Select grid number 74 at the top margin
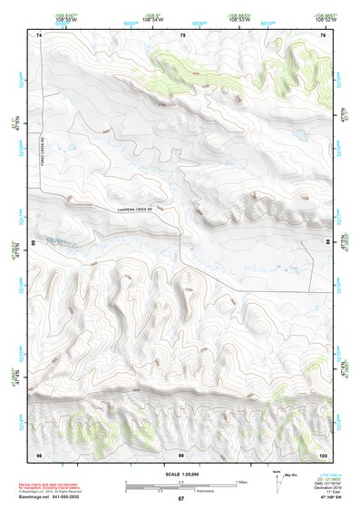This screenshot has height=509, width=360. click(39, 34)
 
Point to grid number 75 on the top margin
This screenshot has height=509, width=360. click(182, 34)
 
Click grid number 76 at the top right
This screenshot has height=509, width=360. click(322, 34)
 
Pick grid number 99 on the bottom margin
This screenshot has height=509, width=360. click(180, 453)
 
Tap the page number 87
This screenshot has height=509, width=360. click(180, 499)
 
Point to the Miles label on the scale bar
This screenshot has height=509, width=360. click(241, 482)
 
